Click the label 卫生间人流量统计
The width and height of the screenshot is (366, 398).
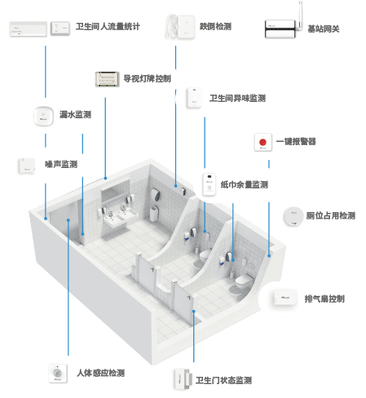108,27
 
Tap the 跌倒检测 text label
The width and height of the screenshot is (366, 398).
215,26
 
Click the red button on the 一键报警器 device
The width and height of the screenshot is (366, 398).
262,142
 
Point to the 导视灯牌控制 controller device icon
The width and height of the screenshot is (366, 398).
108,79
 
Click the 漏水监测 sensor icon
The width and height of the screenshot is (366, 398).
43,116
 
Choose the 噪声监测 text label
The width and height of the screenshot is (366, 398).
61,164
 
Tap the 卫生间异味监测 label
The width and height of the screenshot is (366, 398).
237,98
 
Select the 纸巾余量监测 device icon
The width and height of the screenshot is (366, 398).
209,184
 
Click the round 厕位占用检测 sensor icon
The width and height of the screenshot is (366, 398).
293,216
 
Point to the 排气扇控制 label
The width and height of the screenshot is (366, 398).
324,298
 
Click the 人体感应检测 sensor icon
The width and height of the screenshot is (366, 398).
58,374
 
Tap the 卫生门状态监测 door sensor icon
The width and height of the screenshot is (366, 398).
182,379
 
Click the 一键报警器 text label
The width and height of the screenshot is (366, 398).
296,141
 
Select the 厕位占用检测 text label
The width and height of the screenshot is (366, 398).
331,216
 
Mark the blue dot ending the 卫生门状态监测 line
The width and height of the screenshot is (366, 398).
194,312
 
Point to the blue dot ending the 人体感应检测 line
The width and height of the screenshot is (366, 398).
68,220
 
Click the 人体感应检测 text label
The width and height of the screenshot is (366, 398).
101,373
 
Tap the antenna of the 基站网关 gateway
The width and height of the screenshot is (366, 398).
301,14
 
